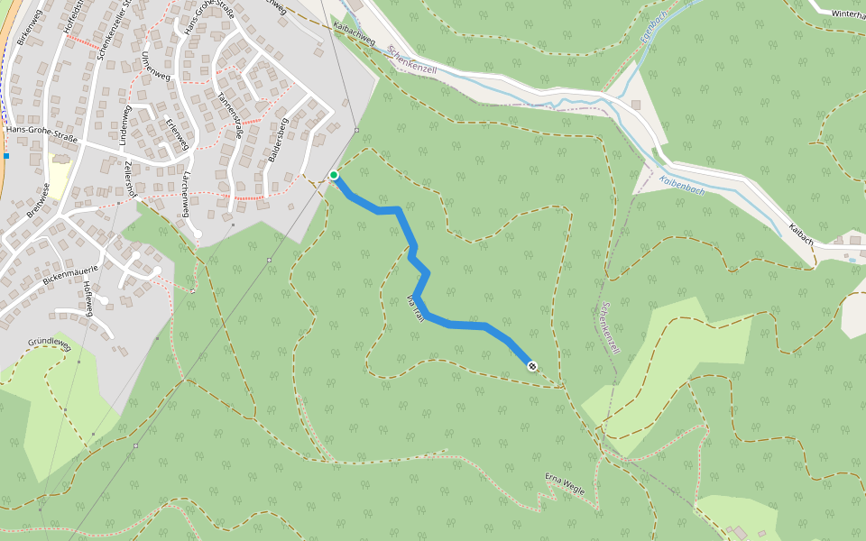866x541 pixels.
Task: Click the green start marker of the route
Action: coord(334,175)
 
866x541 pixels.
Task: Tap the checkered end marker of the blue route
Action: coord(532,365)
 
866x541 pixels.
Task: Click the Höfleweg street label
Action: coord(88,298)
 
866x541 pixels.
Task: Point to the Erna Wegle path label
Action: coord(565,484)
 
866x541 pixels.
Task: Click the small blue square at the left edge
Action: coord(6,155)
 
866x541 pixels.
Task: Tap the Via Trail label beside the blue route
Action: coord(415,307)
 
